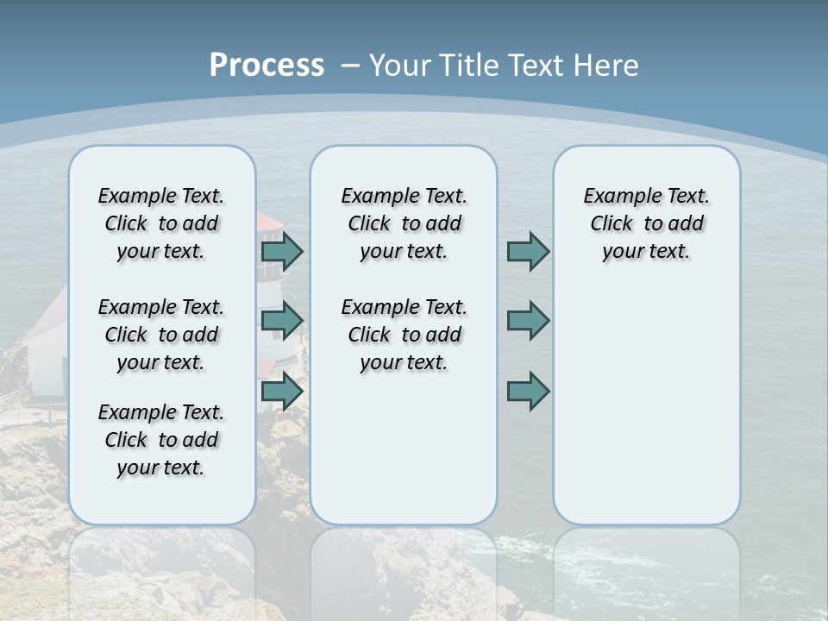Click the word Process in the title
(267, 66)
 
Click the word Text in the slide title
(538, 66)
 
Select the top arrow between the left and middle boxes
(282, 251)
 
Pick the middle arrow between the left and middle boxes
(282, 320)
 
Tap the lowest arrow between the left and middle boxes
(282, 392)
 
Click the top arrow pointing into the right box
(528, 251)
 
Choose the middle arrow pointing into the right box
(528, 320)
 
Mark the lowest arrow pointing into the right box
(528, 392)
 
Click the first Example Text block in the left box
(161, 223)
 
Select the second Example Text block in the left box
(161, 335)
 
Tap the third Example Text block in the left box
(161, 440)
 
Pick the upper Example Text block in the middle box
(404, 223)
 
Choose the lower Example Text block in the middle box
(404, 335)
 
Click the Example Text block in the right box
(646, 223)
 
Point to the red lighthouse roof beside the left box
(269, 223)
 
